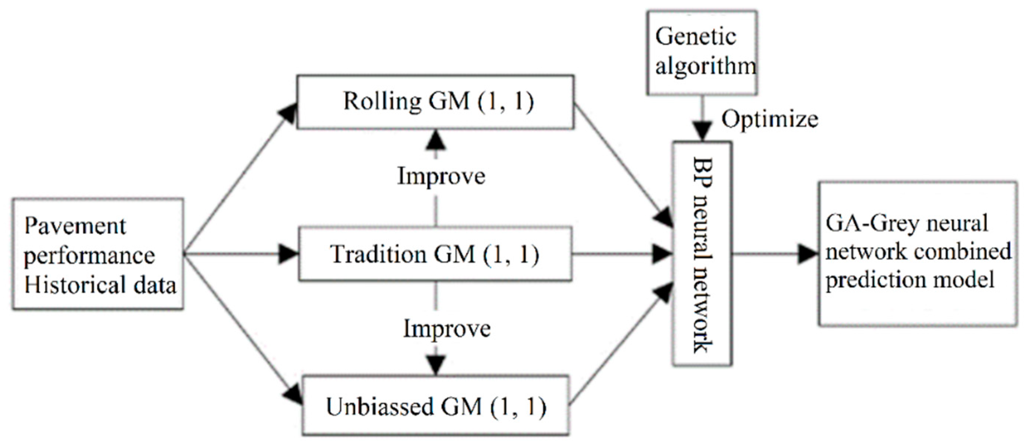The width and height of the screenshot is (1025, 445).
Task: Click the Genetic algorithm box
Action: pyautogui.click(x=702, y=53)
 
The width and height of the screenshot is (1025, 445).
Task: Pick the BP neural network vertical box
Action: pyautogui.click(x=702, y=254)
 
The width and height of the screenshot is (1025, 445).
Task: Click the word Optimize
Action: pyautogui.click(x=769, y=119)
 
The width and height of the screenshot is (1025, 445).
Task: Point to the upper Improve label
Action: pyautogui.click(x=441, y=176)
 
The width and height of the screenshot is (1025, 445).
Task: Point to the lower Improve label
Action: pyautogui.click(x=446, y=329)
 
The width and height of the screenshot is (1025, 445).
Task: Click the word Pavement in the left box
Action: pyautogui.click(x=75, y=227)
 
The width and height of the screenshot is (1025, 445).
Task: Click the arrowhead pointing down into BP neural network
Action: pyautogui.click(x=702, y=131)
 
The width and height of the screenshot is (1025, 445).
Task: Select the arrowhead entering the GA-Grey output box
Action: pyautogui.click(x=808, y=254)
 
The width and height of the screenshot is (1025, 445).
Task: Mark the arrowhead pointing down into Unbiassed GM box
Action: pyautogui.click(x=436, y=365)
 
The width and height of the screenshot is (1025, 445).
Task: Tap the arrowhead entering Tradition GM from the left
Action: pyautogui.click(x=288, y=254)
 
